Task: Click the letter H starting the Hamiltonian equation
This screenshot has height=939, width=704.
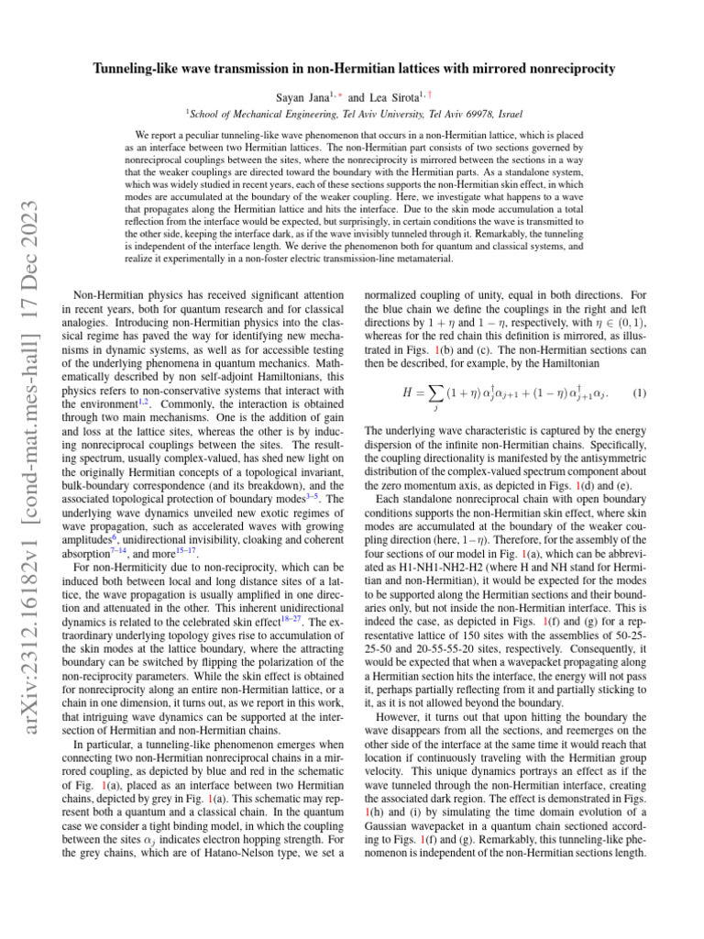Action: click(409, 393)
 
